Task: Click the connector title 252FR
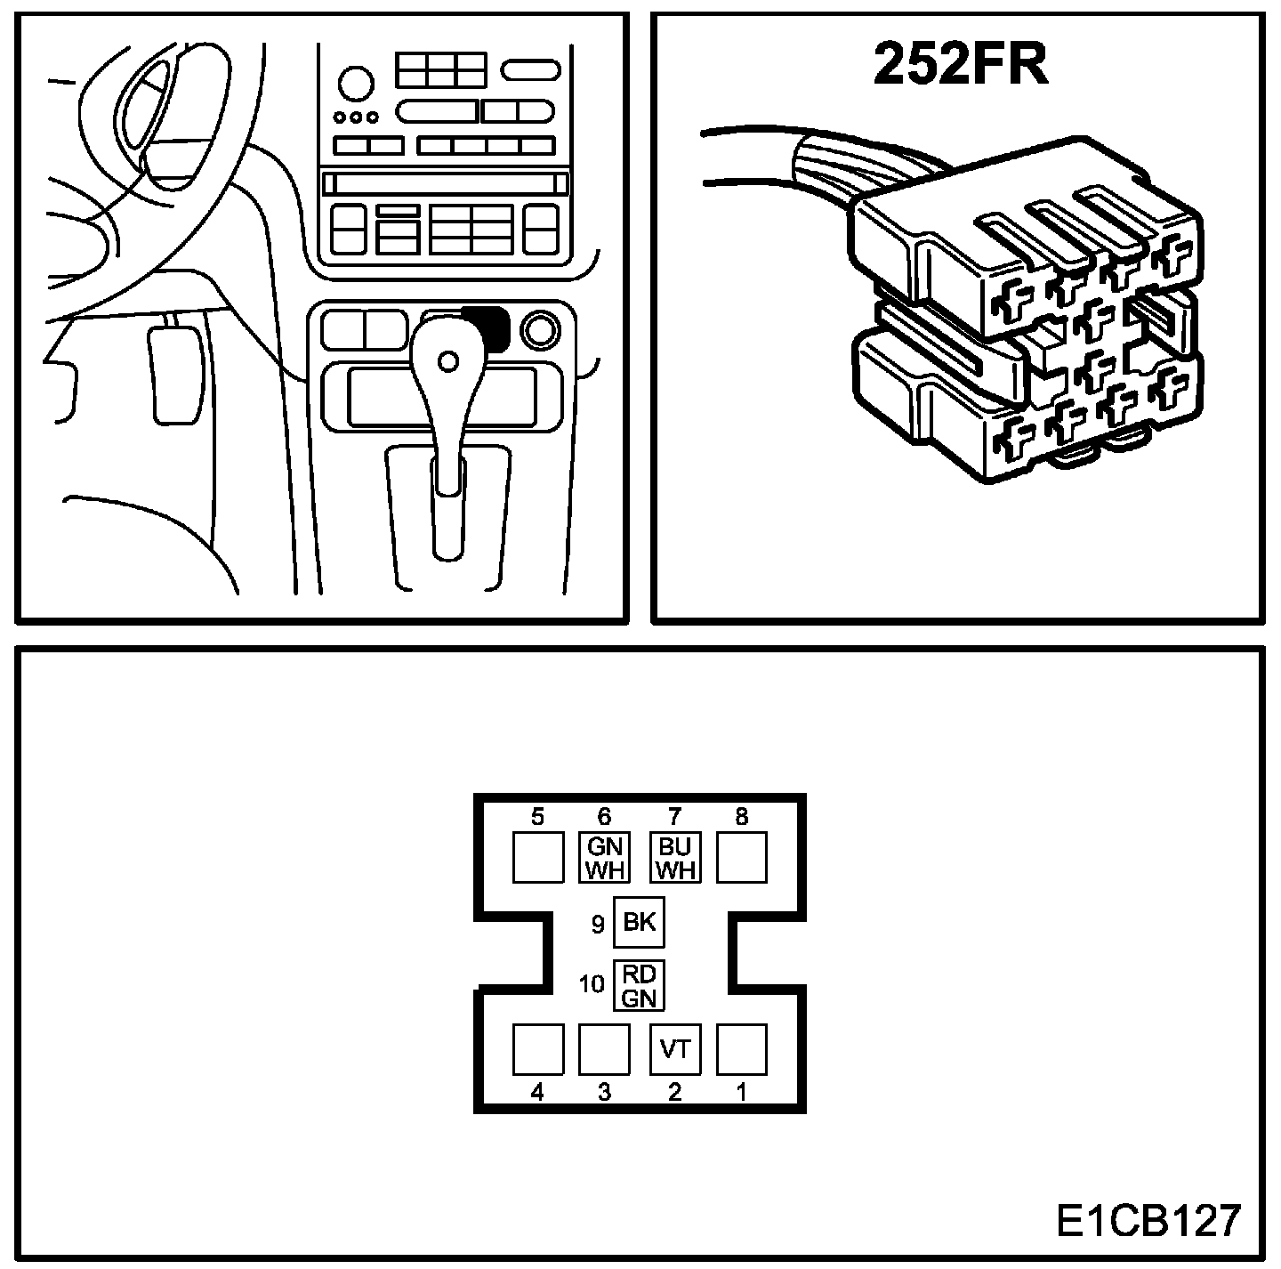tap(961, 63)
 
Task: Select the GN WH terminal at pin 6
tap(605, 857)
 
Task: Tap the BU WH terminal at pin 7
tap(675, 857)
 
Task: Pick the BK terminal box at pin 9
tap(640, 923)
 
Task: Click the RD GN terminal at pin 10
tap(640, 986)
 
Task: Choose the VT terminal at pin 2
tap(675, 1049)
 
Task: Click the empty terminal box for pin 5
tap(538, 857)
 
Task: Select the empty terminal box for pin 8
tap(742, 857)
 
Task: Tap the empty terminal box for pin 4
tap(538, 1049)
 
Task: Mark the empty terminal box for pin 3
tap(605, 1049)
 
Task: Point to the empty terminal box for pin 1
tap(742, 1049)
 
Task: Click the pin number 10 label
tap(592, 985)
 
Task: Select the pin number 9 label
tap(599, 925)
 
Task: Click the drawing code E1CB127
tap(1148, 1221)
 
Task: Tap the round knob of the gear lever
tap(448, 360)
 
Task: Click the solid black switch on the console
tap(486, 327)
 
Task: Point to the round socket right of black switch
tap(539, 330)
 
